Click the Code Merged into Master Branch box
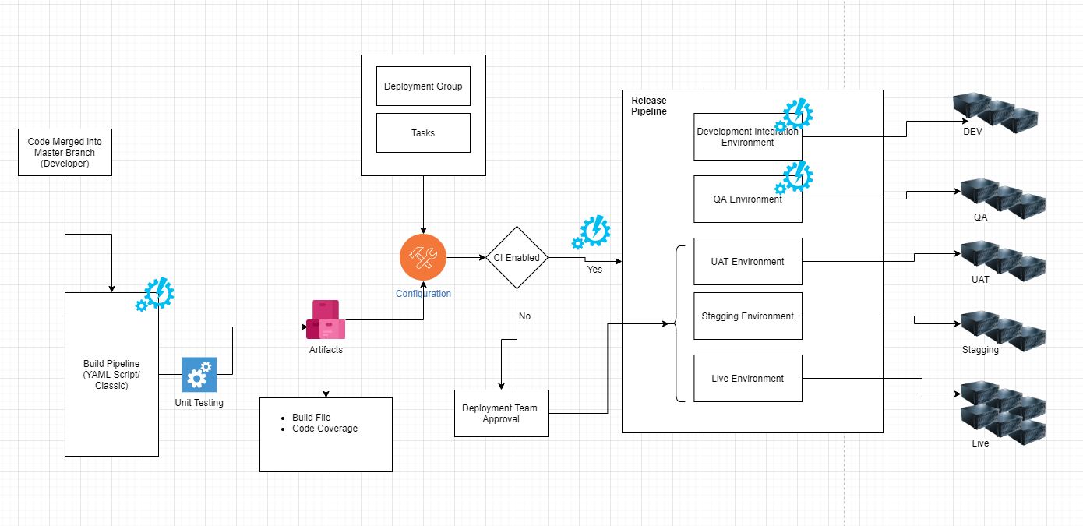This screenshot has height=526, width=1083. pos(65,152)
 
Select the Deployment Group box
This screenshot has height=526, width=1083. pos(423,86)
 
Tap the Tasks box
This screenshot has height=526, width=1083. pos(423,132)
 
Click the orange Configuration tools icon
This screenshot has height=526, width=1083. pos(422,256)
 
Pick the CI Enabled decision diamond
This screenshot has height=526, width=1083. pos(517,257)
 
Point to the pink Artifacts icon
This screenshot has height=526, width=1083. pos(326,320)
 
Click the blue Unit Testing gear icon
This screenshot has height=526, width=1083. pos(199,375)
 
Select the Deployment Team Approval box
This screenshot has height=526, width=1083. pos(500,413)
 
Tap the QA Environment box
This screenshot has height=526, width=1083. pos(747,199)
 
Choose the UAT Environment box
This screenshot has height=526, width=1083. pos(747,261)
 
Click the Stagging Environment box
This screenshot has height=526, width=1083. pos(747,316)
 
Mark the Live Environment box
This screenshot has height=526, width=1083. pos(747,378)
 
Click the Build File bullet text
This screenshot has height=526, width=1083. pos(312,418)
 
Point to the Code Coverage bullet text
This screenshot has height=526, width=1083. pos(325,429)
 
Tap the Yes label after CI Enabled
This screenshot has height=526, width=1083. pos(594,270)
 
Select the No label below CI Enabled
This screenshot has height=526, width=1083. pos(524,316)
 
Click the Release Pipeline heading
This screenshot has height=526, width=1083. pos(649,106)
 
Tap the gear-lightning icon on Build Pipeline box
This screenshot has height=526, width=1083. pos(155,294)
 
